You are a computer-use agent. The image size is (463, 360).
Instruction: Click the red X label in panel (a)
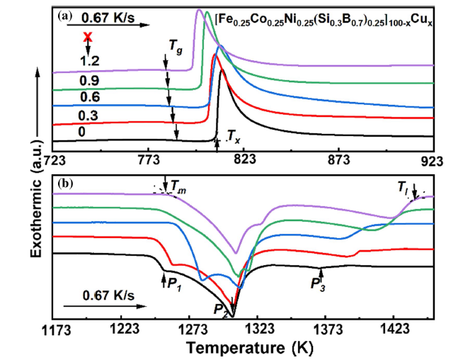click(87, 37)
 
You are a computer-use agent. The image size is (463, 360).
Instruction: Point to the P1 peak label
click(173, 282)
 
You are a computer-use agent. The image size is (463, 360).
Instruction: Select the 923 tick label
click(432, 160)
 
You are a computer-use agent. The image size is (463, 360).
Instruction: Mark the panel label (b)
click(68, 184)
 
